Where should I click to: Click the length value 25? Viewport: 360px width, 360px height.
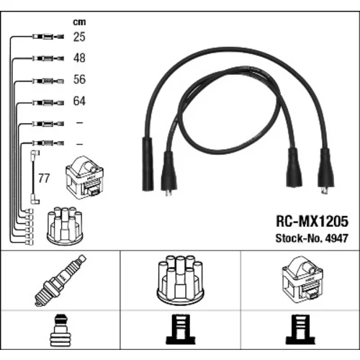[x=79, y=37]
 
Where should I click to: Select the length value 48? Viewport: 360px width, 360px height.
[x=79, y=58]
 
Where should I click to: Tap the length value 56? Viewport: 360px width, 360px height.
[x=79, y=79]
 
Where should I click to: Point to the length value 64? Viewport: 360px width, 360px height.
[x=79, y=101]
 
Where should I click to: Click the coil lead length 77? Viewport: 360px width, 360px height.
[x=44, y=179]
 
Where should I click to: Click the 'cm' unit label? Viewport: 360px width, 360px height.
[x=79, y=22]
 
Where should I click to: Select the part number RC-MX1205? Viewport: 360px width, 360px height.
[x=312, y=221]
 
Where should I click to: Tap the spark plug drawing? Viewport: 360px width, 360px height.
[x=60, y=281]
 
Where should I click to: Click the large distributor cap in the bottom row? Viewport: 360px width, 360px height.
[x=180, y=281]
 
